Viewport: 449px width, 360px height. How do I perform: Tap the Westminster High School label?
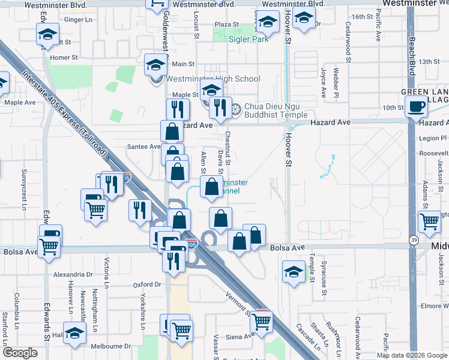tap(213, 79)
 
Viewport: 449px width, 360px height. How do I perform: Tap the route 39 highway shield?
tap(414, 240)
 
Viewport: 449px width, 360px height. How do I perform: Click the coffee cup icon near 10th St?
tap(415, 107)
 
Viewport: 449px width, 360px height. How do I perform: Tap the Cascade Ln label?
tap(307, 338)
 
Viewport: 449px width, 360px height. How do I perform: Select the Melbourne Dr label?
tap(110, 346)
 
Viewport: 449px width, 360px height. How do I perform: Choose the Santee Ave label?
tap(143, 146)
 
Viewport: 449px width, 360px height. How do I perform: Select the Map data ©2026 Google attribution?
tap(411, 355)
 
